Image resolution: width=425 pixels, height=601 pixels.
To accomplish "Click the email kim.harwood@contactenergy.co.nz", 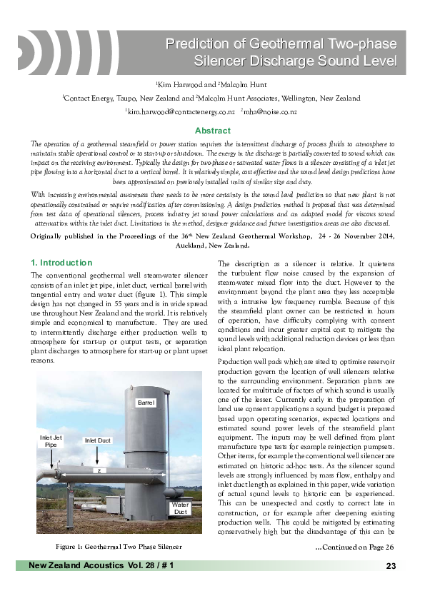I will (x=180, y=112).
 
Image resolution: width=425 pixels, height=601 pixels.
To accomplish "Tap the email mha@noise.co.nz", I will (x=271, y=112).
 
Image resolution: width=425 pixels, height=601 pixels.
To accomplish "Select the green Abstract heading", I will (x=213, y=131).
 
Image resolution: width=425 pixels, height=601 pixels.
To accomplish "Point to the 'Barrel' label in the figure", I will (x=146, y=403).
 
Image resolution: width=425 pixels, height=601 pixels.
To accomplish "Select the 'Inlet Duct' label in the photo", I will (x=97, y=441).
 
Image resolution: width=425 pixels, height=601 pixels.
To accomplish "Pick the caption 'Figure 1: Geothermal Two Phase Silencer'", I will (x=119, y=547).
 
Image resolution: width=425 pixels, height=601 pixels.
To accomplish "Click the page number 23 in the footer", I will (x=390, y=566).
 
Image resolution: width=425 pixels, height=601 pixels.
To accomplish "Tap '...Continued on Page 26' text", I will (x=354, y=547).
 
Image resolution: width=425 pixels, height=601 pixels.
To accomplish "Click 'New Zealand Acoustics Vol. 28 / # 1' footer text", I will (x=101, y=566).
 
